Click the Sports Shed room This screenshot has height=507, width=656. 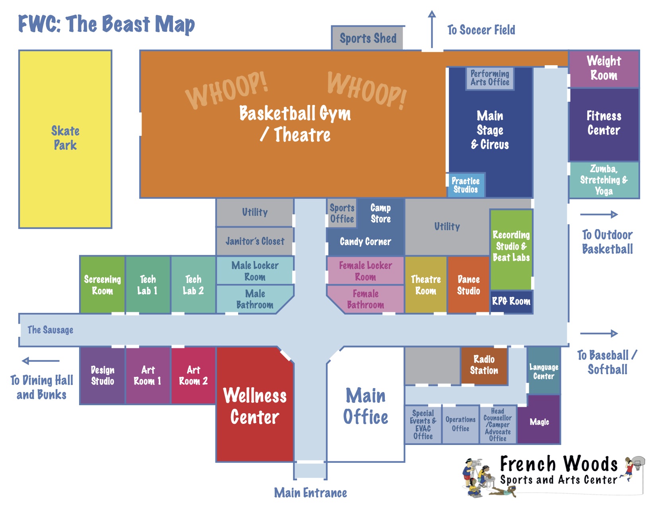[x=368, y=38]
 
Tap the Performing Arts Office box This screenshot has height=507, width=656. [x=490, y=78]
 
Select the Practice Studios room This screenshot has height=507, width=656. [x=465, y=185]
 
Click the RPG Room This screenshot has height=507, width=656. [x=511, y=301]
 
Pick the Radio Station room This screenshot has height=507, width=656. [x=484, y=365]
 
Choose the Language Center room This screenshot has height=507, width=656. [x=543, y=371]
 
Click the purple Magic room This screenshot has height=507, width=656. [x=540, y=422]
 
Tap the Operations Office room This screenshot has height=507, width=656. [x=460, y=424]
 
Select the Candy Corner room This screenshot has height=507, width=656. [x=365, y=242]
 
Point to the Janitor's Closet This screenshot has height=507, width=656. [x=255, y=241]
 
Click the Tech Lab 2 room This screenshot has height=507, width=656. [x=193, y=285]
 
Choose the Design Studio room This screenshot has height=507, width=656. [x=103, y=375]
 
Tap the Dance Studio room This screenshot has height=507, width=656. [x=468, y=285]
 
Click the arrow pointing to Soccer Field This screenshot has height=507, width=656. [x=432, y=30]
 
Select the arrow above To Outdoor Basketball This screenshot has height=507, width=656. [x=599, y=215]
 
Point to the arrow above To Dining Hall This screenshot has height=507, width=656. [x=41, y=361]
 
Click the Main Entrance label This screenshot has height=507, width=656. [x=310, y=493]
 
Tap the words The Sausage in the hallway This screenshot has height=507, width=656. [x=50, y=330]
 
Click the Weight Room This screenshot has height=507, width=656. [x=604, y=68]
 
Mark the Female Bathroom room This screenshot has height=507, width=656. [x=365, y=299]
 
